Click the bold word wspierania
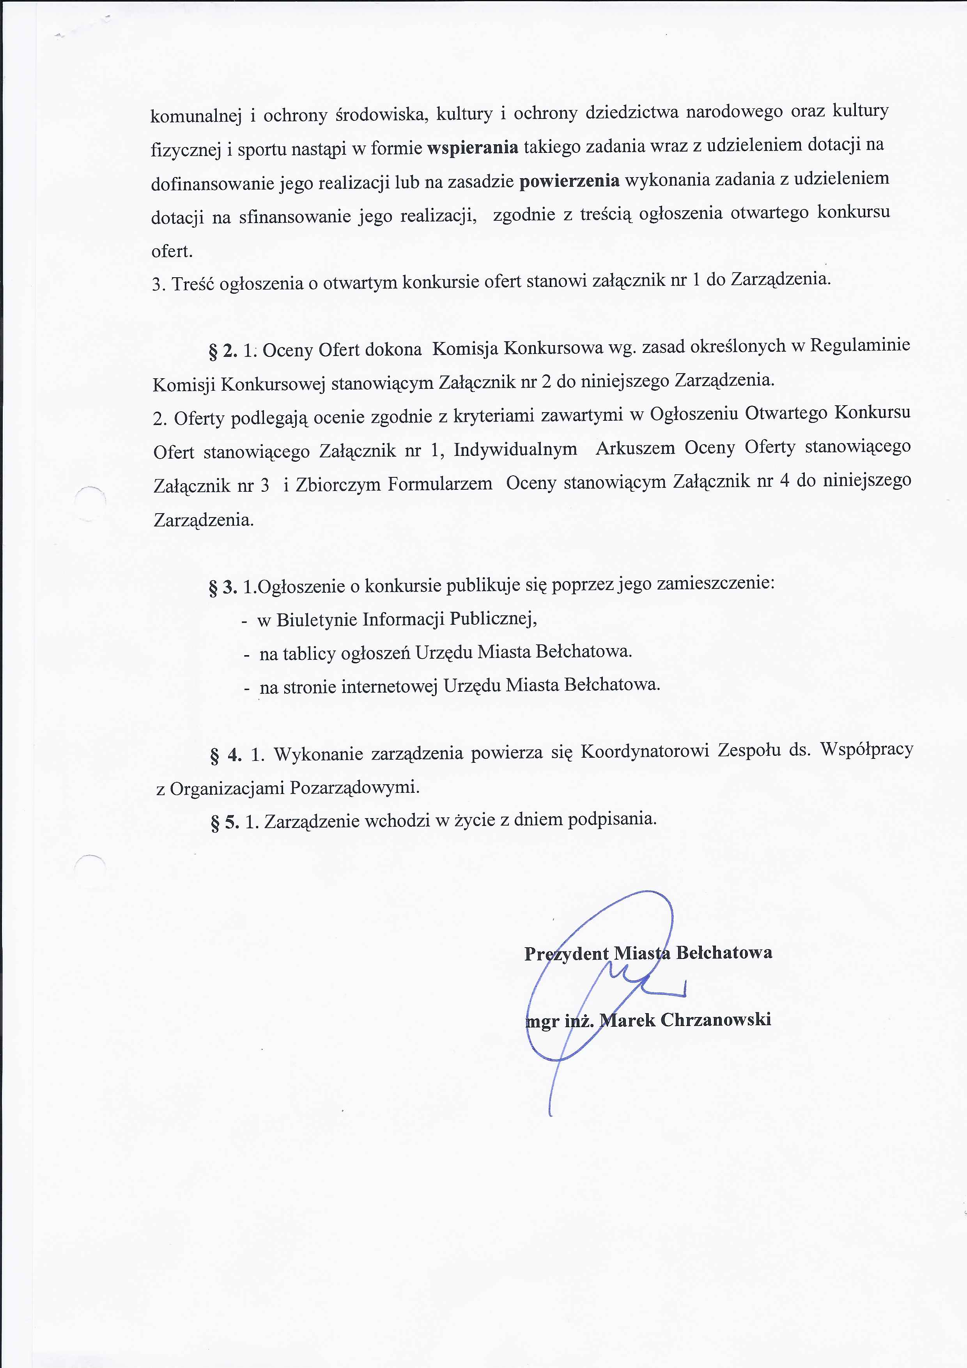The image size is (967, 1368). [473, 147]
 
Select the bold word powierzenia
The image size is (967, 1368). [569, 181]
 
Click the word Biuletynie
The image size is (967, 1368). [316, 620]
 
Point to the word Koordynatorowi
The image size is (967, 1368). [645, 751]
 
